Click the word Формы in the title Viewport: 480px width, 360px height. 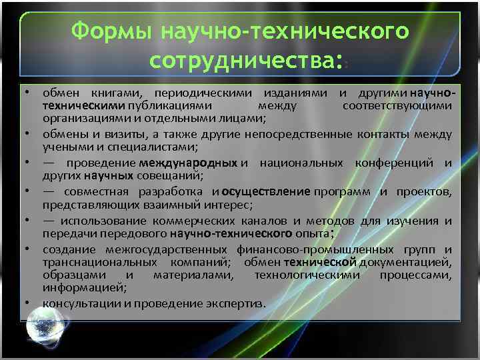(108, 31)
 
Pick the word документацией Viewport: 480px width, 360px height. (414, 262)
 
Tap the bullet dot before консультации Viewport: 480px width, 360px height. (31, 304)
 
